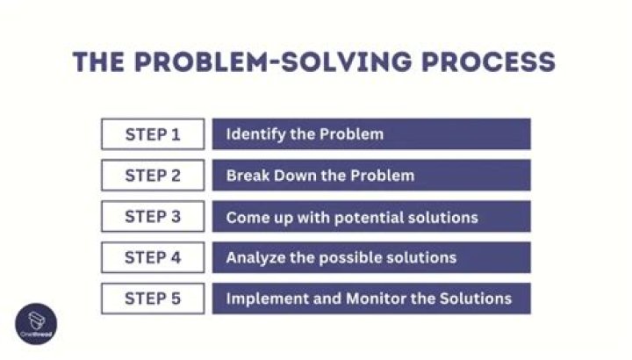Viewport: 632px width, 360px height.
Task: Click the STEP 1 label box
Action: [x=152, y=134]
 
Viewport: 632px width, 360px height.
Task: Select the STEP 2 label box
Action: [x=152, y=176]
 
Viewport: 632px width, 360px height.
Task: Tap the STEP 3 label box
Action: [x=152, y=217]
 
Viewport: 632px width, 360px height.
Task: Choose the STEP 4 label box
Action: [x=152, y=257]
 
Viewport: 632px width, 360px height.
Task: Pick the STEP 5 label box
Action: [x=152, y=299]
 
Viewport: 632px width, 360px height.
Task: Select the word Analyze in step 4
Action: [x=254, y=258]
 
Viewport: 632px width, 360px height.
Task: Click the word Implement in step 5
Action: [x=264, y=299]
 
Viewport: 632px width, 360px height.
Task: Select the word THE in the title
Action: [x=98, y=62]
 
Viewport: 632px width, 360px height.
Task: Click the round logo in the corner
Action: [x=36, y=324]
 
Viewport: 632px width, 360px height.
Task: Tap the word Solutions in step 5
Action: [x=475, y=299]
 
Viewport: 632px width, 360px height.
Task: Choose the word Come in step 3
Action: [x=246, y=217]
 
